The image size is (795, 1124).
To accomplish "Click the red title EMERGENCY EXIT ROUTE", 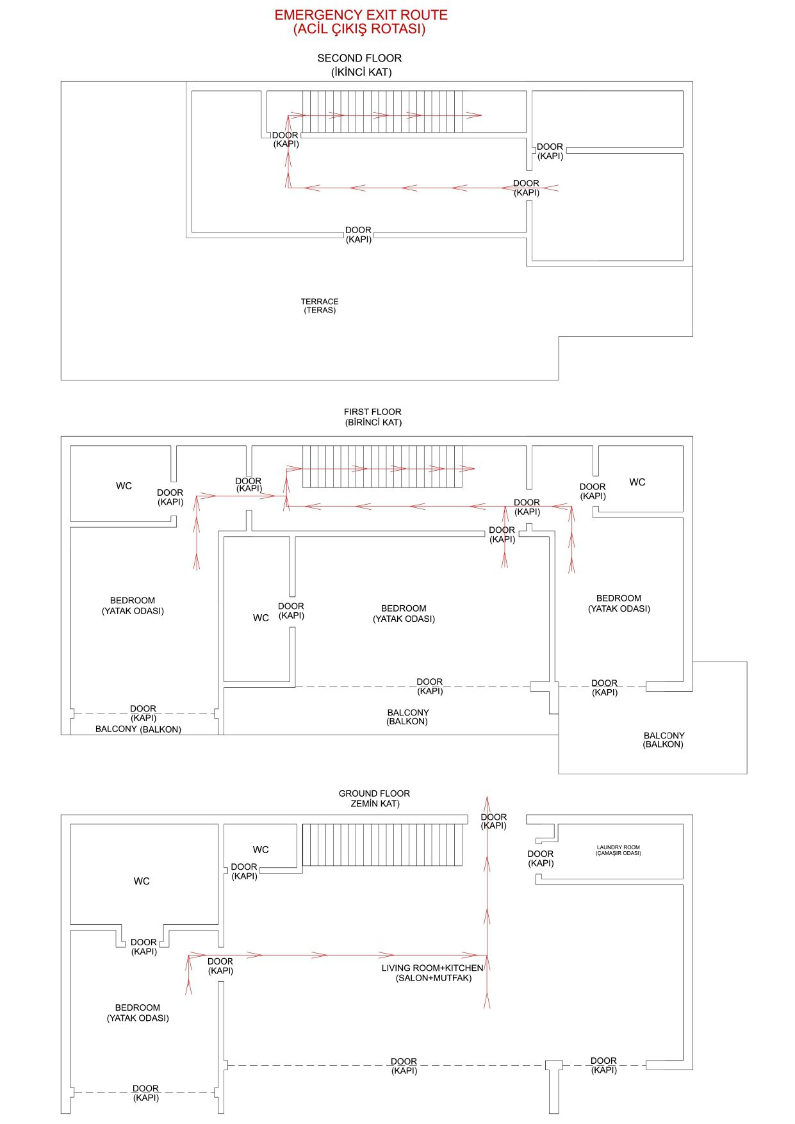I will pyautogui.click(x=361, y=15).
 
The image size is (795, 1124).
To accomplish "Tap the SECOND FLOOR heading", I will pyautogui.click(x=359, y=58).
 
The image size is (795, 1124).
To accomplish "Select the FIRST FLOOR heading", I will pyautogui.click(x=372, y=412).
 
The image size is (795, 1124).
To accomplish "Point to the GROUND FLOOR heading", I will pyautogui.click(x=374, y=794).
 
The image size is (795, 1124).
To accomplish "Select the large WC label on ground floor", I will pyautogui.click(x=142, y=881).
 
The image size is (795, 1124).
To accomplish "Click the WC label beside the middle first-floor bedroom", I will pyautogui.click(x=261, y=618).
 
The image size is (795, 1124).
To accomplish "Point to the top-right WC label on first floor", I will pyautogui.click(x=637, y=482).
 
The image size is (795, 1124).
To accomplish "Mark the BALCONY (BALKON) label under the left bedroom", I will pyautogui.click(x=138, y=729).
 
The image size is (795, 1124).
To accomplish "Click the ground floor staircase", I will pyautogui.click(x=382, y=845).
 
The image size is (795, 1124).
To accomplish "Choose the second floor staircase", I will pyautogui.click(x=382, y=111).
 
